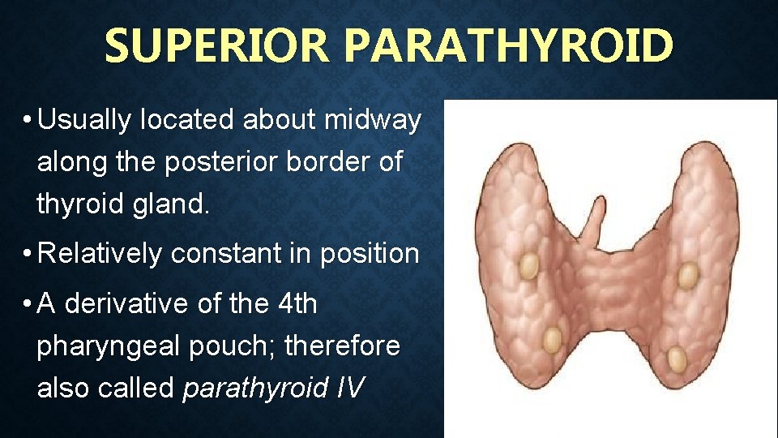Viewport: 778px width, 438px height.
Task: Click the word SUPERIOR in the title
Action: pos(217,46)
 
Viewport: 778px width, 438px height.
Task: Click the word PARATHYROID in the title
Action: pos(508,46)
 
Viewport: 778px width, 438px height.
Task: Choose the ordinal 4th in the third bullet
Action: pos(297,304)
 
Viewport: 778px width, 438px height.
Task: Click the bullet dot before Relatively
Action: pos(28,255)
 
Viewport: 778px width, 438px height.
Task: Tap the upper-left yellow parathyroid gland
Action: pos(529,264)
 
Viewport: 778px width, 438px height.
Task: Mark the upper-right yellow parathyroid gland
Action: pos(687,277)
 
